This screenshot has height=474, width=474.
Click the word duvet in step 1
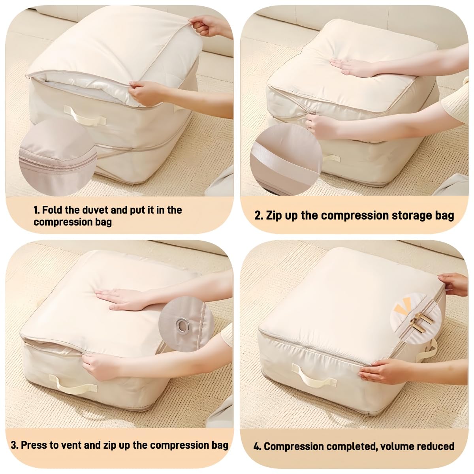click(93, 210)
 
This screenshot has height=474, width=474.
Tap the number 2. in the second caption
click(259, 216)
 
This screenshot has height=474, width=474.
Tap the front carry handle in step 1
click(85, 115)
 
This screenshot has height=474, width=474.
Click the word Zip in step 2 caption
click(274, 216)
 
